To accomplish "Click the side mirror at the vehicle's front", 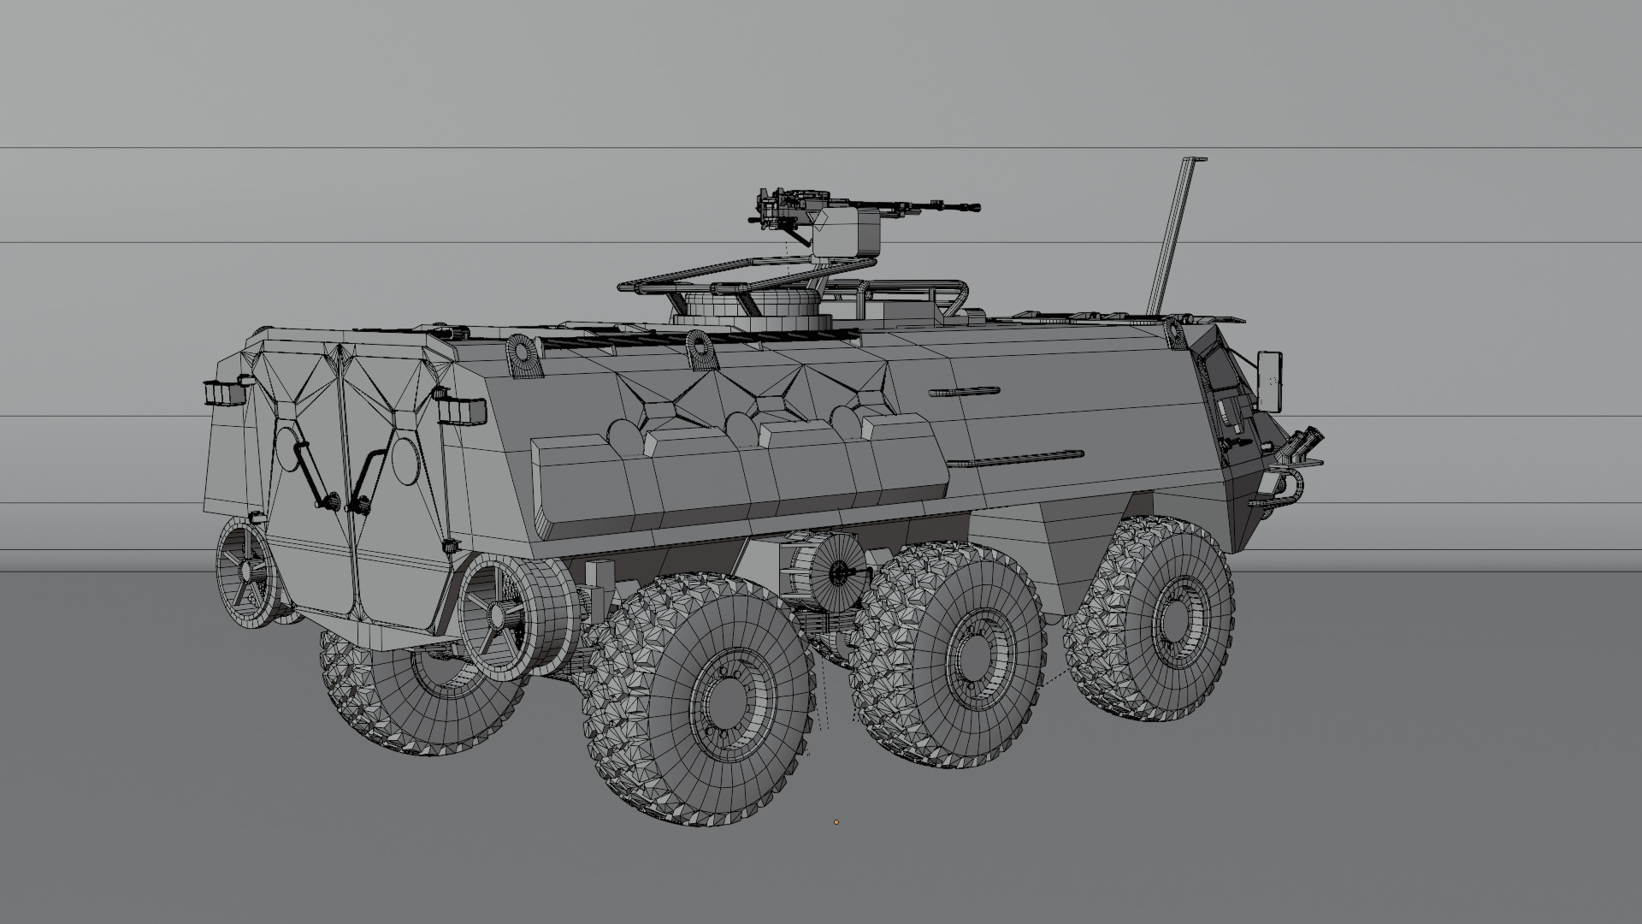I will (x=1269, y=379).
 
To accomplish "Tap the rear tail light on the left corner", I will (x=223, y=392).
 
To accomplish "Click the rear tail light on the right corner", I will (x=463, y=411).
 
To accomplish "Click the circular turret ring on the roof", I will (x=753, y=312).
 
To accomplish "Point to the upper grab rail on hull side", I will (x=964, y=392).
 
